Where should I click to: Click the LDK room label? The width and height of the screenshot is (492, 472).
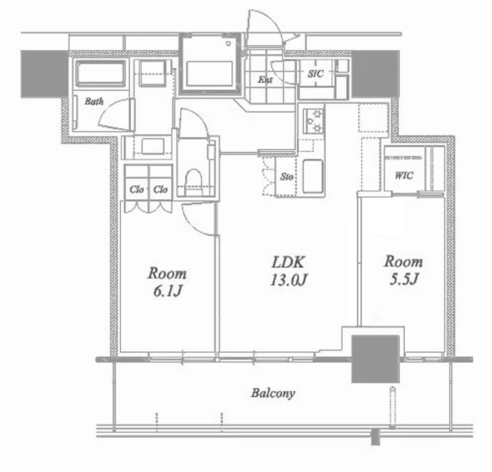(x=288, y=262)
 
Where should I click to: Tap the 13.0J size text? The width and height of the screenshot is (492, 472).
(x=288, y=280)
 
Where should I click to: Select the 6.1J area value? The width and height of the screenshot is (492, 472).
(x=168, y=291)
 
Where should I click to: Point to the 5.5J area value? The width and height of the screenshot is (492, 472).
(x=404, y=279)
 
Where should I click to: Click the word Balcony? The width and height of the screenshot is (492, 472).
(x=273, y=393)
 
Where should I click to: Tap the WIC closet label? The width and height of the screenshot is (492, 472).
(x=404, y=175)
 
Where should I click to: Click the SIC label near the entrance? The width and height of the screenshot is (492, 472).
(x=316, y=74)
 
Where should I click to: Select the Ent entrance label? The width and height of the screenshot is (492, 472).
(x=265, y=80)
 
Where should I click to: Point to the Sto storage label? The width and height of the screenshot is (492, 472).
(x=287, y=177)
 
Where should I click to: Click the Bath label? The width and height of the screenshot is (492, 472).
(x=94, y=101)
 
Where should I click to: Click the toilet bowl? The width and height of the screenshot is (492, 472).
(x=193, y=181)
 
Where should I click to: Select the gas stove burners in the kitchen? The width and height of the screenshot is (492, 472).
(x=314, y=121)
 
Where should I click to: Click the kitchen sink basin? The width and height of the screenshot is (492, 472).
(x=313, y=176)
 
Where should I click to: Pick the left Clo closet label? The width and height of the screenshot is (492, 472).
(x=137, y=189)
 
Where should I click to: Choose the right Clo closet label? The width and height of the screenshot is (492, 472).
(x=160, y=189)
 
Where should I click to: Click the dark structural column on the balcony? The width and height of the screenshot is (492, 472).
(x=375, y=359)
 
